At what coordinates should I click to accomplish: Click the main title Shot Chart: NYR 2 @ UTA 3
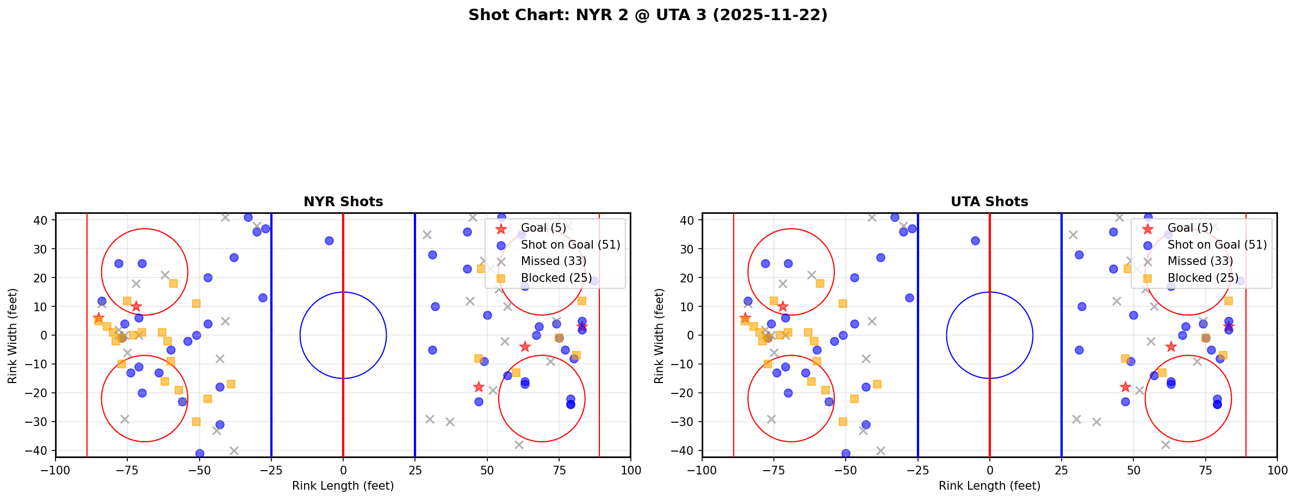(x=648, y=15)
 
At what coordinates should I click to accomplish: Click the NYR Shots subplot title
(x=343, y=202)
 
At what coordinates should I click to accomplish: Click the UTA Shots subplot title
(x=989, y=202)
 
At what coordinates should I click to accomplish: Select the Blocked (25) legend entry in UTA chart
(x=1202, y=278)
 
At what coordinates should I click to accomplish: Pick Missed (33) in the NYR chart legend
(x=553, y=261)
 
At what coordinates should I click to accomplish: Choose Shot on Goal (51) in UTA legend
(x=1217, y=245)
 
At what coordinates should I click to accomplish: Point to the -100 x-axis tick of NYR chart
(x=55, y=470)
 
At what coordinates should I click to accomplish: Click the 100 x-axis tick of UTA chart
(x=1276, y=470)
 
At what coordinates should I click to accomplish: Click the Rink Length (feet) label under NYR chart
(x=343, y=486)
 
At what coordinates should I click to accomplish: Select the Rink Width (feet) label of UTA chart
(x=659, y=335)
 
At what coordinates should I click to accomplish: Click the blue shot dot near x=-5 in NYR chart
(x=329, y=240)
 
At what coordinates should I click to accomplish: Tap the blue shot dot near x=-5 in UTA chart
(x=975, y=240)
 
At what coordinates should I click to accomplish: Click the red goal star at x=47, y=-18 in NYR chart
(x=479, y=387)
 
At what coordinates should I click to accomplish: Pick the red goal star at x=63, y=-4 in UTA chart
(x=1171, y=347)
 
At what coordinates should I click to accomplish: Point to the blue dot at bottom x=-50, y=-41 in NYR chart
(x=200, y=453)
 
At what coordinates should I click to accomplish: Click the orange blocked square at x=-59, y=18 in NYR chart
(x=173, y=283)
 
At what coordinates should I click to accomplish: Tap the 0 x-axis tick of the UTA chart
(x=989, y=470)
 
